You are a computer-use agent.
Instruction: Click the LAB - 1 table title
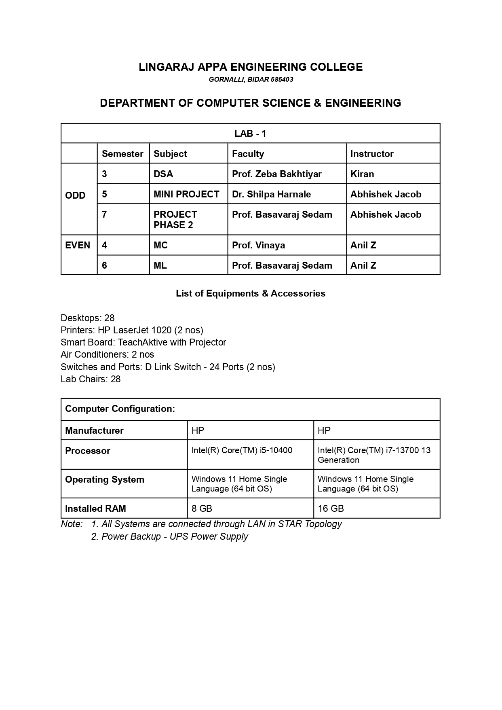pos(250,134)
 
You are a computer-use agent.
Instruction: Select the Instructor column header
pos(372,154)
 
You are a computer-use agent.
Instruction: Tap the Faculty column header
pos(248,154)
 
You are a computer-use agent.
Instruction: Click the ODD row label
pos(75,195)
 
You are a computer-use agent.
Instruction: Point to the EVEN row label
pos(78,245)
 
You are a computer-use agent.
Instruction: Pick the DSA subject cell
pos(163,174)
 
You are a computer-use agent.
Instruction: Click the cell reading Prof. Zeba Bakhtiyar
pos(277,174)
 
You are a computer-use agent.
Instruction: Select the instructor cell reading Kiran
pos(362,174)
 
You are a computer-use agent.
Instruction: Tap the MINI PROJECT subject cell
pos(186,194)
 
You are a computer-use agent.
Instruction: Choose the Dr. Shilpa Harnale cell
pos(272,194)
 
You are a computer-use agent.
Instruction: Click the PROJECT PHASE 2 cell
pos(175,220)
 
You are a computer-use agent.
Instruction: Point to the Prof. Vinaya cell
pos(259,245)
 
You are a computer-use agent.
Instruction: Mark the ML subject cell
pos(160,265)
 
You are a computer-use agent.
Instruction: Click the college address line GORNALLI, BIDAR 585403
pos(251,80)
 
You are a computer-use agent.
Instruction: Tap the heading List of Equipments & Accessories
pos(251,293)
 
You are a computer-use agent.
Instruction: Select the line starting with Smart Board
pos(143,342)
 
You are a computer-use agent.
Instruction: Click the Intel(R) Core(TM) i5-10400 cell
pos(242,450)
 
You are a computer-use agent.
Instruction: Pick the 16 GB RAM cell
pos(331,509)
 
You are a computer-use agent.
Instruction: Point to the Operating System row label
pos(105,479)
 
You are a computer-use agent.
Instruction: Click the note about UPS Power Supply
pos(170,536)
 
